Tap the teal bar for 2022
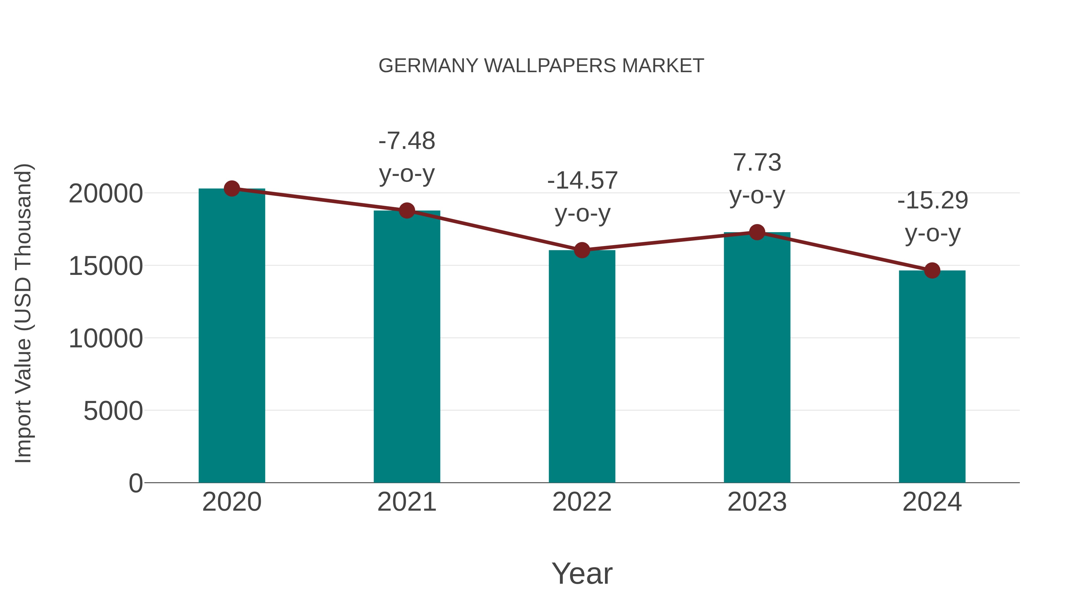point(582,366)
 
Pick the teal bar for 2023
point(757,357)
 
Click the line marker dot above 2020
point(232,189)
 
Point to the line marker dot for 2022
point(582,250)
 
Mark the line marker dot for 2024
point(932,271)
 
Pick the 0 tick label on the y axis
point(135,483)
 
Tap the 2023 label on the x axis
point(757,502)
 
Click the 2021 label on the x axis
point(406,502)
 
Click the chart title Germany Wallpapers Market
point(541,66)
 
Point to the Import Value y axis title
point(23,313)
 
